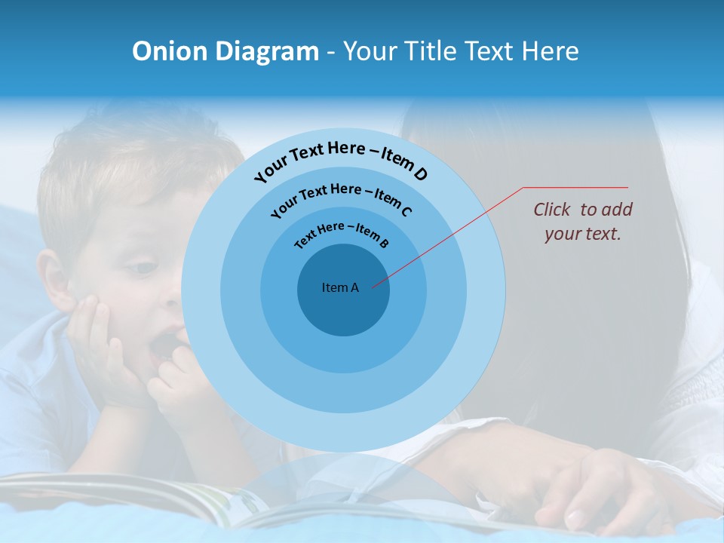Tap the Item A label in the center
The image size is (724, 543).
pos(340,287)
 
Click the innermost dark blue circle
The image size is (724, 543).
pos(343,309)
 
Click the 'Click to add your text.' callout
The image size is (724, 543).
pos(582,222)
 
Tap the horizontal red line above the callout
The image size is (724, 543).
pos(575,187)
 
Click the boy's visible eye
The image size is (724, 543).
pos(141,267)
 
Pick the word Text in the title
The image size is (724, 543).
pos(487,51)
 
